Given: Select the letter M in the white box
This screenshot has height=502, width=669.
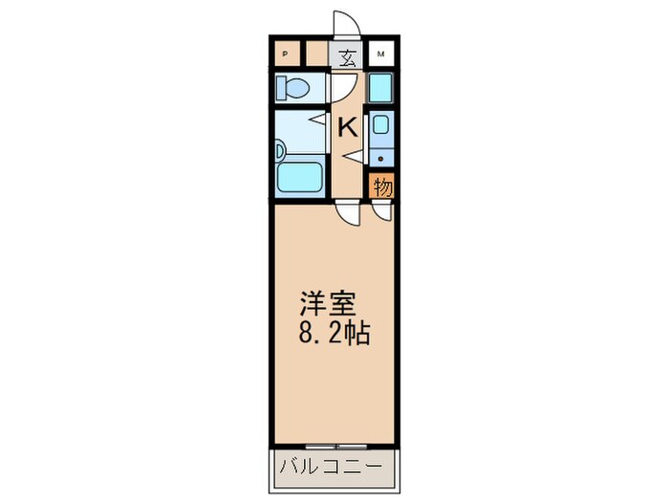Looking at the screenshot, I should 381,55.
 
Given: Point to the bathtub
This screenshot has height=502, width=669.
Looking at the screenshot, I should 298,177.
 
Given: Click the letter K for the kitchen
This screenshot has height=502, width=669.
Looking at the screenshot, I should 347,125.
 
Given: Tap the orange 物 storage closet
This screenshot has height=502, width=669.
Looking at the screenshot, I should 382,186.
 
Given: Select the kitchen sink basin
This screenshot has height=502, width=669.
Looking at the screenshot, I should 381,125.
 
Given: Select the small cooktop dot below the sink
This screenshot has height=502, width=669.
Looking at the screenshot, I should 381,157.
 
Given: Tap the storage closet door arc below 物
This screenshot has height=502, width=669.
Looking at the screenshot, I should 381,213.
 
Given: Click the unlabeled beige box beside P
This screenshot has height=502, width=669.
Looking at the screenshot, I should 314,54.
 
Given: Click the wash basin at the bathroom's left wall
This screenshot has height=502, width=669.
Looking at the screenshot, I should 279,150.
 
